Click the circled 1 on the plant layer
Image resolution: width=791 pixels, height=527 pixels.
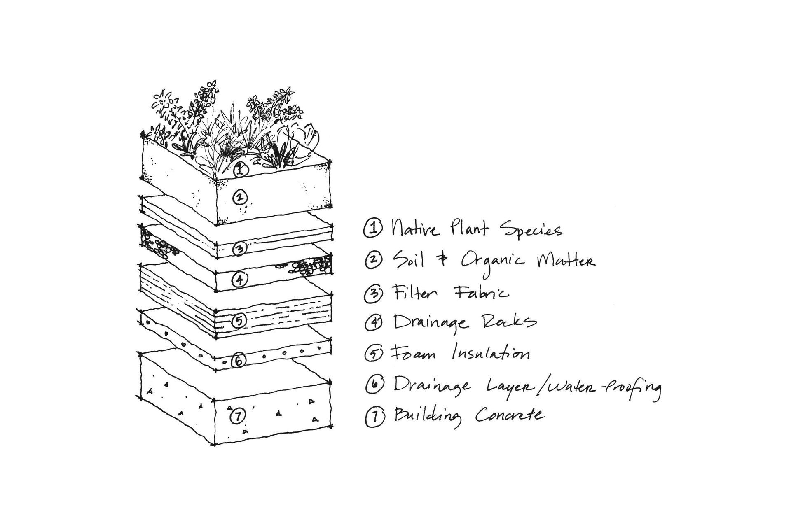[x=240, y=169]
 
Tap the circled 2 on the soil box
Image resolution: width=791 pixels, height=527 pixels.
[x=240, y=198]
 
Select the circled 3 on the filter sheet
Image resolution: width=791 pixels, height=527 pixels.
[x=240, y=249]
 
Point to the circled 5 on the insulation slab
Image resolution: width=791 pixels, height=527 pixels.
[x=239, y=320]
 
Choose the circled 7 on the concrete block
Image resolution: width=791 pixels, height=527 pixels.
[x=237, y=417]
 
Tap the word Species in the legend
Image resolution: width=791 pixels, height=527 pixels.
[x=531, y=230]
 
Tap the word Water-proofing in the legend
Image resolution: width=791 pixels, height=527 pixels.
[x=598, y=387]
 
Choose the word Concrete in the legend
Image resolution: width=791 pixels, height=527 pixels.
[x=510, y=415]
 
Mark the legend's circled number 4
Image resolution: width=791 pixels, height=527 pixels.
[x=374, y=322]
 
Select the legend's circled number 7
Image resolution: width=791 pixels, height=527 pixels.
[x=374, y=416]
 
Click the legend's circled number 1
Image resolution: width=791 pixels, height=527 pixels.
[x=373, y=229]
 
